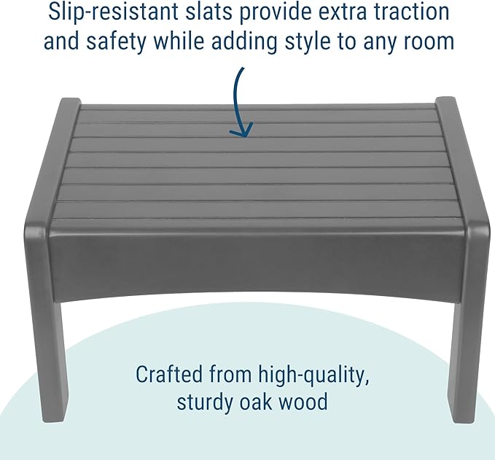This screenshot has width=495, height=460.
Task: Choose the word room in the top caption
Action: (x=426, y=41)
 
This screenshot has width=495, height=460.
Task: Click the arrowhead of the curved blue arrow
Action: (x=241, y=130)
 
